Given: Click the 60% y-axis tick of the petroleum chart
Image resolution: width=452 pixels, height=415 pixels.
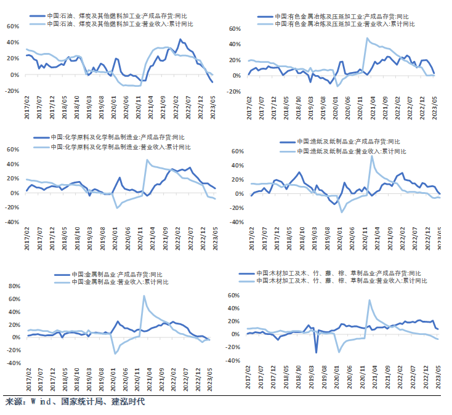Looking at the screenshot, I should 12,26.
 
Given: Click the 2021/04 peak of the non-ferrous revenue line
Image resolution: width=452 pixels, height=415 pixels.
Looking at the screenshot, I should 367,38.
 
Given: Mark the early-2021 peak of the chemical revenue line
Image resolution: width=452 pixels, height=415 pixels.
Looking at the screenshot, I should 147,160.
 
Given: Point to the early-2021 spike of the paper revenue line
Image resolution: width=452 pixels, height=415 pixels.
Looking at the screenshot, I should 371,156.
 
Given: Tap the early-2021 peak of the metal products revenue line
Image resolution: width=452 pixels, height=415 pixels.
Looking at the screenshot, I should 144,296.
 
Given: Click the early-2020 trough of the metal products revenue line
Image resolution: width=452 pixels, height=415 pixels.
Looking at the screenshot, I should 115,353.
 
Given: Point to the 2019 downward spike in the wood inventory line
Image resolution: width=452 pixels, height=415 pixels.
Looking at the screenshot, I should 317,352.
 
